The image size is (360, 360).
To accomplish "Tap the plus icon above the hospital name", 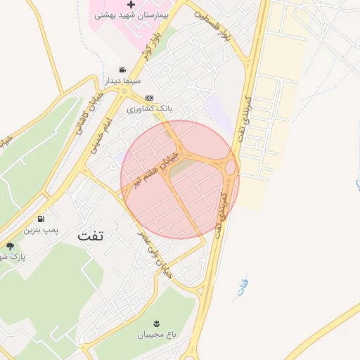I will (131, 4).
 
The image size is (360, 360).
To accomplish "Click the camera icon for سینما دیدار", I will (123, 70).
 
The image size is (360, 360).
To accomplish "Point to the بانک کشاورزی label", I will (149, 110).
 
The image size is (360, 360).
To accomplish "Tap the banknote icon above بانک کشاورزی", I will (148, 98).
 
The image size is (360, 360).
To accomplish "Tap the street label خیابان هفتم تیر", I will (153, 171).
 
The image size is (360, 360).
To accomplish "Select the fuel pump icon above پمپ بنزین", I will (49, 218).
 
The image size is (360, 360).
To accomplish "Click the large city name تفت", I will (91, 236).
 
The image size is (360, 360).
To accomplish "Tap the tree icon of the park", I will (10, 245).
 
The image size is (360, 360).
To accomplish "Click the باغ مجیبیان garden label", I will (156, 334).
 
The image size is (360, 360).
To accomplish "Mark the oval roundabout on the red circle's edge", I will (230, 167).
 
